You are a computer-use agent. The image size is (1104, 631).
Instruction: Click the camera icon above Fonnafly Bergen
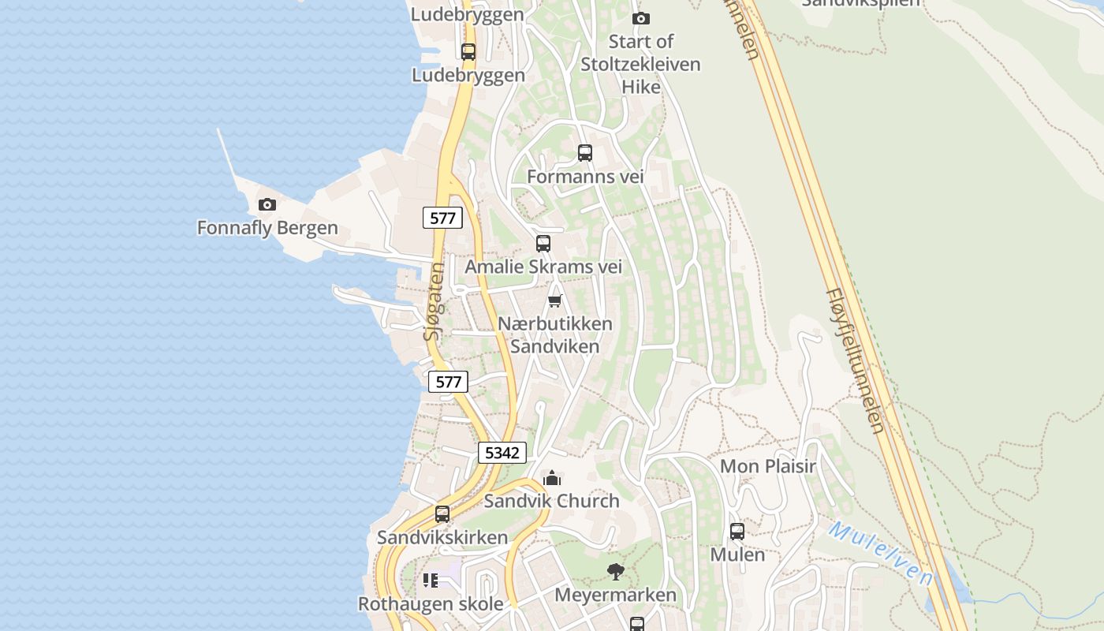pos(267,205)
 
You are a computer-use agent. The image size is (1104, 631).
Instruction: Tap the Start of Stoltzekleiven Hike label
pos(640,64)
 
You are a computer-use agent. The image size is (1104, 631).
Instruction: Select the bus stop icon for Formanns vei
pos(584,153)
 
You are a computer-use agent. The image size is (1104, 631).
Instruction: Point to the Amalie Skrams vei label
pos(543,267)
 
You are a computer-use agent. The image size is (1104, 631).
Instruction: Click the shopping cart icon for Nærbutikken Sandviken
pos(554,301)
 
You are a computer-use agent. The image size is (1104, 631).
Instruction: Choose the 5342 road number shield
pos(502,453)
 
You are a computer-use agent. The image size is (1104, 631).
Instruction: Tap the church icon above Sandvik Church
pos(552,478)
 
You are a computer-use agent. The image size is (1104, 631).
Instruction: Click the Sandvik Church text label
pos(551,501)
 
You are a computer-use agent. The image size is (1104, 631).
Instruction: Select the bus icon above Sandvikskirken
pos(442,514)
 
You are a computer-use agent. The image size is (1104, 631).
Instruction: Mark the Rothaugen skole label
pos(431,604)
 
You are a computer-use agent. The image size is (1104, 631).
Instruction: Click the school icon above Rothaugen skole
pos(430,581)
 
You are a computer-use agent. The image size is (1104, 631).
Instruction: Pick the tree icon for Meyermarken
pos(615,572)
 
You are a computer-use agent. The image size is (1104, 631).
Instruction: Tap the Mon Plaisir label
pos(767,466)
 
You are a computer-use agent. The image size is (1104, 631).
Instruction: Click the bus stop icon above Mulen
pos(737,532)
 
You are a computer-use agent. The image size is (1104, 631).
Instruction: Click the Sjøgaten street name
pos(434,301)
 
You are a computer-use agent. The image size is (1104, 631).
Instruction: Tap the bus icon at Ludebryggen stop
pos(468,52)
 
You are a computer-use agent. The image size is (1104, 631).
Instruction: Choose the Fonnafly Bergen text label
pos(267,228)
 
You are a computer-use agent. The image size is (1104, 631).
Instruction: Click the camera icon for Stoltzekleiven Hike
pos(641,18)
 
